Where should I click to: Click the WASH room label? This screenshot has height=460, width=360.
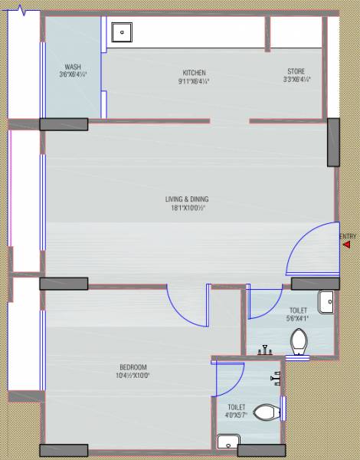74,67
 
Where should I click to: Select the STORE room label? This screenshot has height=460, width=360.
296,71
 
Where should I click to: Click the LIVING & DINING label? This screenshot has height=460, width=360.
187,199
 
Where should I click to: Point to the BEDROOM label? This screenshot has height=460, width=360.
133,367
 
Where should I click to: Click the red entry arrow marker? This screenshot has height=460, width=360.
347,245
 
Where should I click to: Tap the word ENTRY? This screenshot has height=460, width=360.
349,235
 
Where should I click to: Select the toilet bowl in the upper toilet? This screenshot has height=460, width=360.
299,339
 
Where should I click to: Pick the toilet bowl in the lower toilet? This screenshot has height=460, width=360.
266,412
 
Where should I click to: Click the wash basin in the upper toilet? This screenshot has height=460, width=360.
326,302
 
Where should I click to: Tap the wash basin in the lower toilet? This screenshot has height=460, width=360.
227,442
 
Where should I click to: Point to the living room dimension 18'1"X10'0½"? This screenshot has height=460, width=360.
187,208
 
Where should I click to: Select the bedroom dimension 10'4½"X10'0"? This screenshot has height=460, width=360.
133,376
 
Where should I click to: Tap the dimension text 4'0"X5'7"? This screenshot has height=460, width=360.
237,415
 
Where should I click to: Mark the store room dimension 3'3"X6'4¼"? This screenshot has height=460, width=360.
296,80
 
